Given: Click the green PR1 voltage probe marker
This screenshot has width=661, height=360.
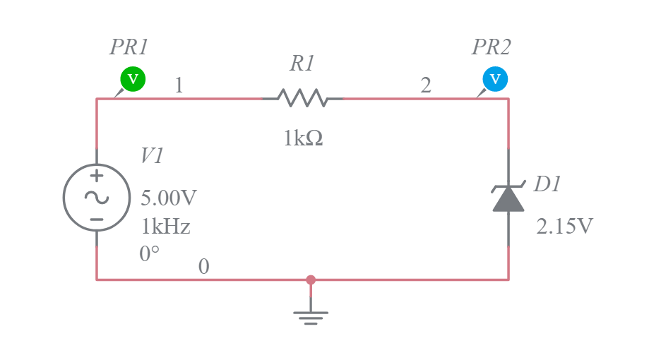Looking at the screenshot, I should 132,79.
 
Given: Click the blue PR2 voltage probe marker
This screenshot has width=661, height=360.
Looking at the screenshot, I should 494,79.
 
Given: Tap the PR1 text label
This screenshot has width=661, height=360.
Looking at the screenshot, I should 129,47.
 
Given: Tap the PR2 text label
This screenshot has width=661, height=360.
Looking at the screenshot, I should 491,47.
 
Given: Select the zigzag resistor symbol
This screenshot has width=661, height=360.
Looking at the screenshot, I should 302,98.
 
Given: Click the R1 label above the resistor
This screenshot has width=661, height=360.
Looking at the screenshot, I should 302,64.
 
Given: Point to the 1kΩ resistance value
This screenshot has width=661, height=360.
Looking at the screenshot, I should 303,139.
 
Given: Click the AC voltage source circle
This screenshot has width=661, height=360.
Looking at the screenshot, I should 97,198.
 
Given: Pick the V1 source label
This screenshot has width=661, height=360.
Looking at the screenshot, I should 152,155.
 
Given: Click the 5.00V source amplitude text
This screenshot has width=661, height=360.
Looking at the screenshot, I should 169,198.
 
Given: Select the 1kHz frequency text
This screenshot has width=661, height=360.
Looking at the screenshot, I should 165,227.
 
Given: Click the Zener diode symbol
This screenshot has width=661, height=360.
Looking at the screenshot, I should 508,197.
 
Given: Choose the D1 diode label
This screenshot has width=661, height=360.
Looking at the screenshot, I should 547,184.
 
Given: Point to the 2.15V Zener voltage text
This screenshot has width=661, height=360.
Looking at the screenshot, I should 565,227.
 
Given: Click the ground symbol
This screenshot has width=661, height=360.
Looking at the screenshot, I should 311,315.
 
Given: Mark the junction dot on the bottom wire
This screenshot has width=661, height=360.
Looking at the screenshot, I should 311,280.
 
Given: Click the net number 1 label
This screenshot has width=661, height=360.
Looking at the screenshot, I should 179,85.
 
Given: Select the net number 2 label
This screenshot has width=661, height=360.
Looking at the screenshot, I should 426,85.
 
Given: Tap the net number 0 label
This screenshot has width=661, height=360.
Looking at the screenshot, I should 204,267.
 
